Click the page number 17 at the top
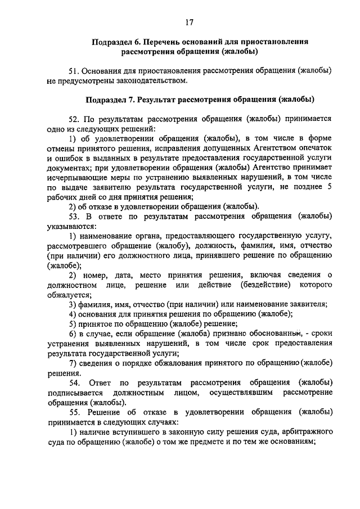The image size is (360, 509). (x=188, y=22)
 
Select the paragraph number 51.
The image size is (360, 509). (x=74, y=71)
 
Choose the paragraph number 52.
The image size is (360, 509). (x=74, y=120)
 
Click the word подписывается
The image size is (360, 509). (x=74, y=391)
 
